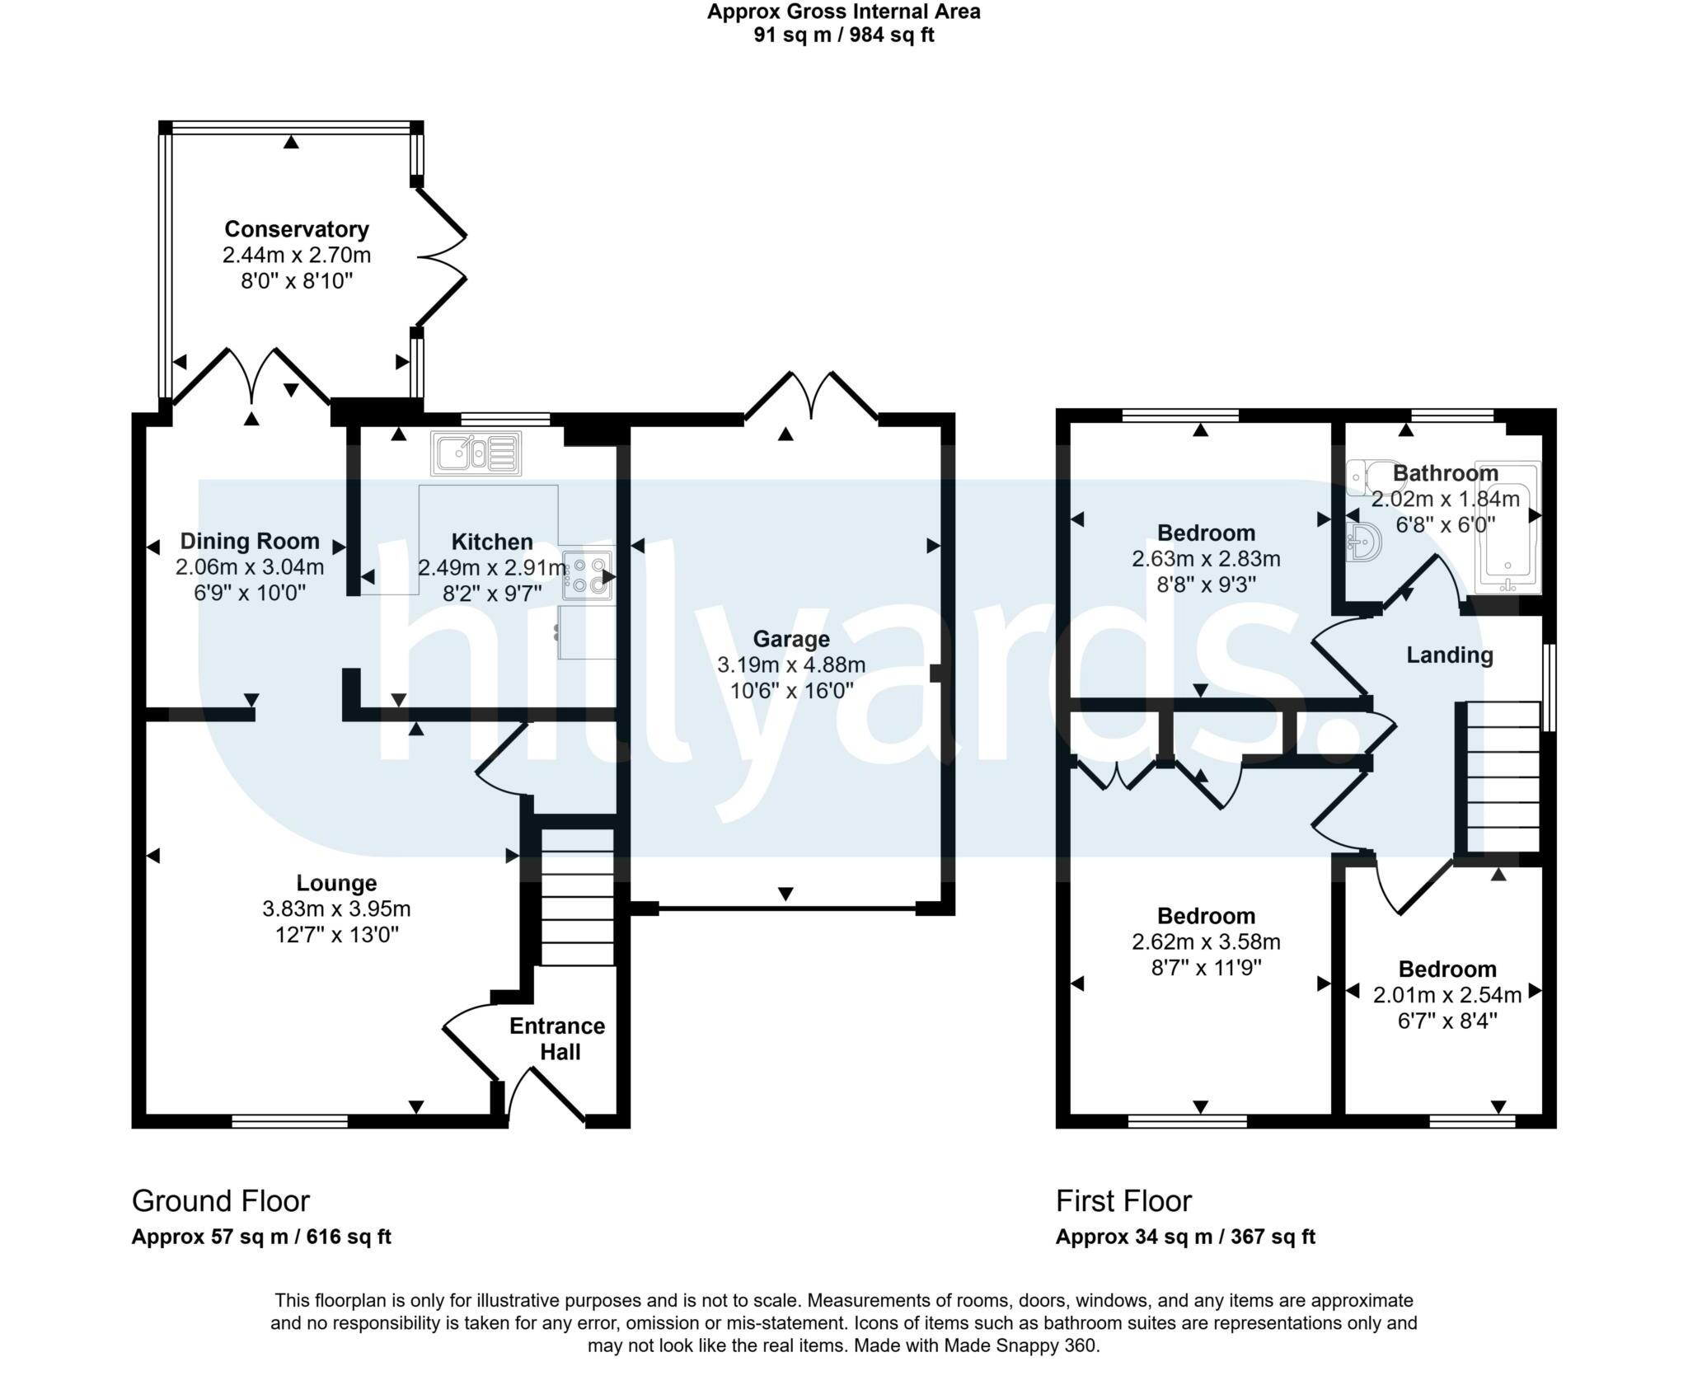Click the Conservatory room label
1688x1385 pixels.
(296, 228)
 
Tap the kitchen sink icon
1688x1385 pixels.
(476, 453)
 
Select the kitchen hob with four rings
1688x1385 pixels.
(588, 575)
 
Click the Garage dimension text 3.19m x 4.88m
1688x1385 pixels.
(791, 664)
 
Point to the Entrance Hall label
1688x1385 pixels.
(557, 1039)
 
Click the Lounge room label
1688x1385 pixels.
(336, 883)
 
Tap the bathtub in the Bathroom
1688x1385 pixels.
(1507, 528)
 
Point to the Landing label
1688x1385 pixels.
(1449, 655)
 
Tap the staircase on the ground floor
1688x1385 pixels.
(578, 897)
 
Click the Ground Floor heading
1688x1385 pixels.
(221, 1201)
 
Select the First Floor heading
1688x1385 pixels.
(1123, 1201)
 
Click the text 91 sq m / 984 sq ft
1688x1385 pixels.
(843, 35)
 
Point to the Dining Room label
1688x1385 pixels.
(250, 541)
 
